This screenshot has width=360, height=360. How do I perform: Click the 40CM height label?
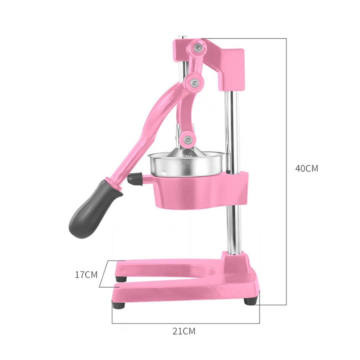pyautogui.click(x=306, y=168)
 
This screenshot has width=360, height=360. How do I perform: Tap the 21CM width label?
pyautogui.click(x=184, y=331)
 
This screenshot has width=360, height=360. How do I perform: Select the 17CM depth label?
pyautogui.click(x=86, y=275)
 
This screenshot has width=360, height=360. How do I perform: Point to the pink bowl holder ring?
pyautogui.click(x=200, y=192)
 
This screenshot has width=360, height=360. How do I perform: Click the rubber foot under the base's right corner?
pyautogui.click(x=250, y=301)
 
